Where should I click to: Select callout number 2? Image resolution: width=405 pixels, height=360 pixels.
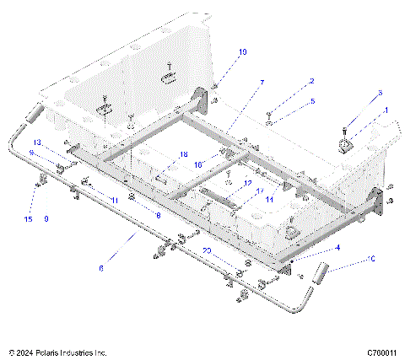coord(311,82)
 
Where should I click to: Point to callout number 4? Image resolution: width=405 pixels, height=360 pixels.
coord(337,247)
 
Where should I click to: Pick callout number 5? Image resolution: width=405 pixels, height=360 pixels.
coord(311,101)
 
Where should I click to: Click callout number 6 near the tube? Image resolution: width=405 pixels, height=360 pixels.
coord(102,268)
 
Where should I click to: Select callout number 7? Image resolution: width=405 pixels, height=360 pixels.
coord(262,83)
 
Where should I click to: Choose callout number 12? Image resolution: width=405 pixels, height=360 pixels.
coord(247,183)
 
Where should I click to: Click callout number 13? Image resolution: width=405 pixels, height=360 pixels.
coord(37,142)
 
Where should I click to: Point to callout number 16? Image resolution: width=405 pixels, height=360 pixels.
coord(199,164)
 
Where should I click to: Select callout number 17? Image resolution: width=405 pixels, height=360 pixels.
coord(260,191)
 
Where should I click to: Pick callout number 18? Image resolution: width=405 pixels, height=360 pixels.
coord(183,154)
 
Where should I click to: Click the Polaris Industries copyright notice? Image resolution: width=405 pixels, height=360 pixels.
coord(57,351)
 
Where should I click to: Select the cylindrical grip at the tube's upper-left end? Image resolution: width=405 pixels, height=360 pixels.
coord(35,113)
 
